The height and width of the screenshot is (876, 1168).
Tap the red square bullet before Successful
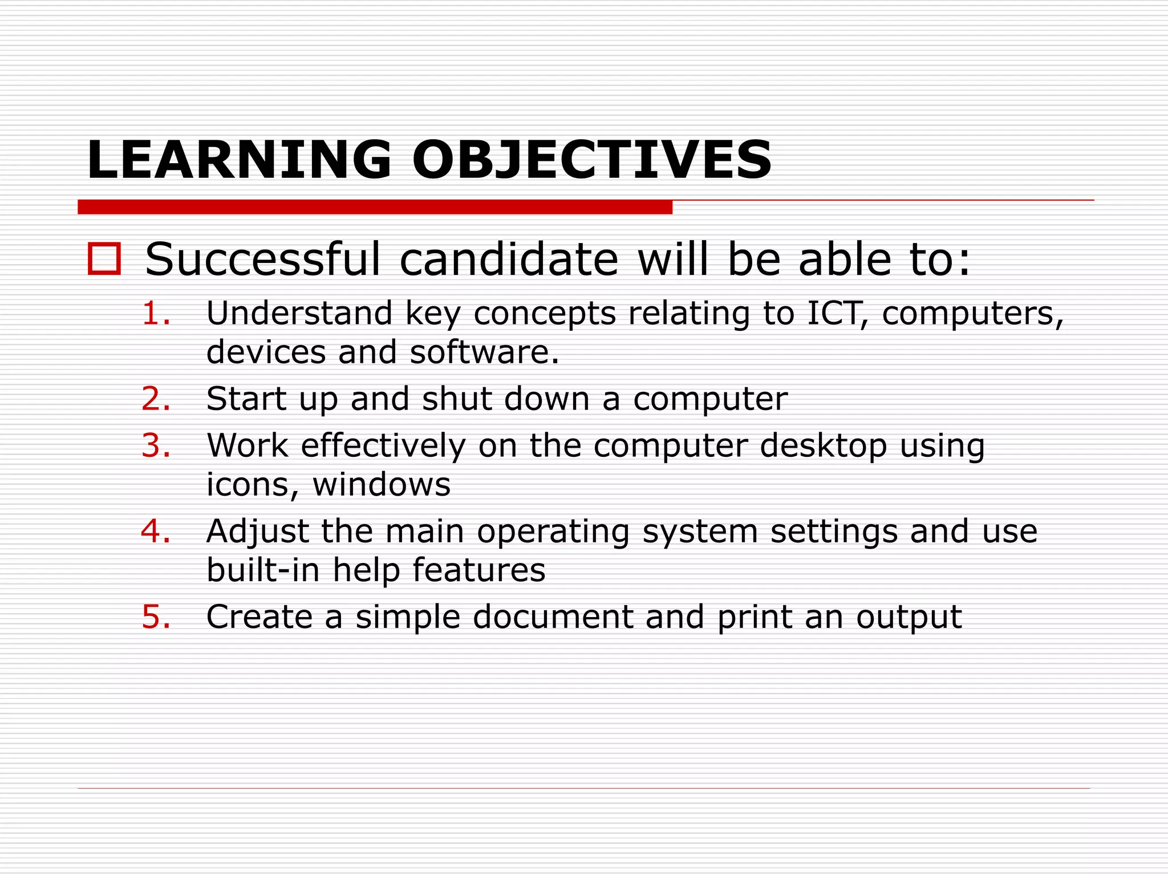pos(104,259)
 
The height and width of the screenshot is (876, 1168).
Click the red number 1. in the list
pos(156,314)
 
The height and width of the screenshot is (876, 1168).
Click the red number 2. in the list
pos(156,399)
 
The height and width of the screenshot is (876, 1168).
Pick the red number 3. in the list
pos(156,445)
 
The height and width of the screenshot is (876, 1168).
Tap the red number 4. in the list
pos(156,532)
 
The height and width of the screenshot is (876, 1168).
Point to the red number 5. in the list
pos(156,617)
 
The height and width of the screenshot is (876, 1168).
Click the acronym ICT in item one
pos(835,314)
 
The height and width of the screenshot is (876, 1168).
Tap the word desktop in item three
pos(823,447)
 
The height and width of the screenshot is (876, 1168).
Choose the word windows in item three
pos(382,485)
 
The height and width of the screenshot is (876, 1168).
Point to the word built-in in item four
pos(263,570)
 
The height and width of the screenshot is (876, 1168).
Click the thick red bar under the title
pos(375,207)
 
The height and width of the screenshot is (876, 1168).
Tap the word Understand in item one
pos(299,314)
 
